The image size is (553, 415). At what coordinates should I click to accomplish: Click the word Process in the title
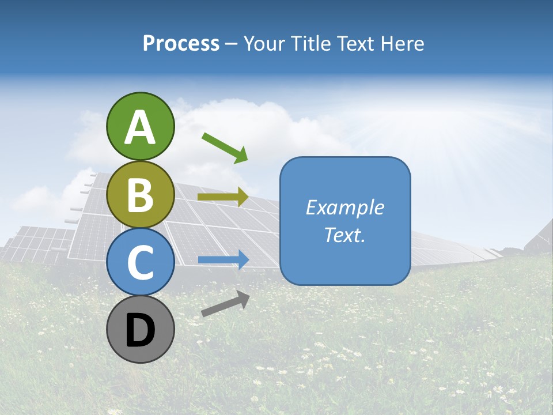tap(181, 44)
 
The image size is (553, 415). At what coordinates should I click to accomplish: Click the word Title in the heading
tap(307, 44)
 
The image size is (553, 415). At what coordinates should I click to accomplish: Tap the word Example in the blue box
tap(344, 207)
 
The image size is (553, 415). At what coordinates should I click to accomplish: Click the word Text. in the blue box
tap(344, 235)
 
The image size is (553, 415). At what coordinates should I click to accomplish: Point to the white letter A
tap(141, 127)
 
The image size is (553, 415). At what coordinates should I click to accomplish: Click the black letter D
tap(141, 331)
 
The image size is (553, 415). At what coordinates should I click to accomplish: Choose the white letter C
tap(141, 262)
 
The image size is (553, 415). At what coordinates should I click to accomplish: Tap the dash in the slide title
tap(231, 44)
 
